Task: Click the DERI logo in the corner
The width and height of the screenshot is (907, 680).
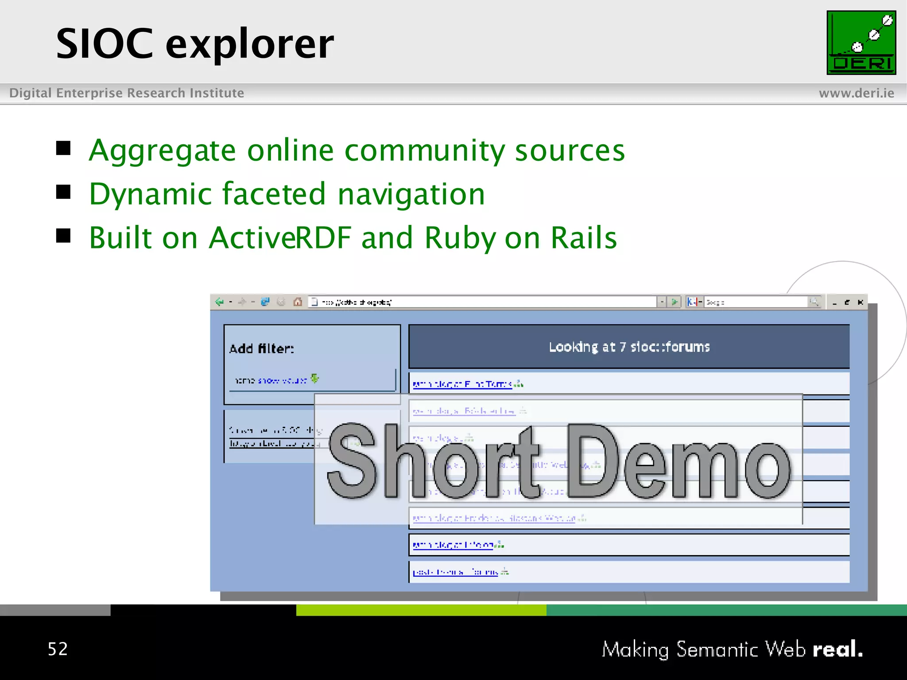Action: (x=861, y=42)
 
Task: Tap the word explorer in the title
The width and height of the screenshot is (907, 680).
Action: (x=250, y=44)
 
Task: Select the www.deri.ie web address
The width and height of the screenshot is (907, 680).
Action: (x=856, y=93)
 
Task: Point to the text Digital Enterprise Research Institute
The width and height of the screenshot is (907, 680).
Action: (x=127, y=93)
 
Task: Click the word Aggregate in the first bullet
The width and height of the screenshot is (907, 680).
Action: (x=162, y=151)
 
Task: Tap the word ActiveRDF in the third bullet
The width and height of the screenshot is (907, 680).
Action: (x=280, y=238)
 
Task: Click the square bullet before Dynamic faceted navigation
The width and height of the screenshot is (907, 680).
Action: (x=63, y=192)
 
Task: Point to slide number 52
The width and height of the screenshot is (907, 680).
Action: (x=58, y=649)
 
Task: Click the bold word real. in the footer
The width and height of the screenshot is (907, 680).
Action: (x=837, y=649)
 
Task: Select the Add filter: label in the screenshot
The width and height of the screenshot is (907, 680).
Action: (x=261, y=348)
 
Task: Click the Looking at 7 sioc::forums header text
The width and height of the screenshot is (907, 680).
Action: (x=629, y=347)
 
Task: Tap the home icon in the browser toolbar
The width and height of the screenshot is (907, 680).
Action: (x=298, y=302)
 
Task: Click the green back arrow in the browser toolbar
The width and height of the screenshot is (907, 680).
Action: (x=219, y=302)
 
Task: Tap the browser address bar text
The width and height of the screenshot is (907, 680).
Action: (x=357, y=302)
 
